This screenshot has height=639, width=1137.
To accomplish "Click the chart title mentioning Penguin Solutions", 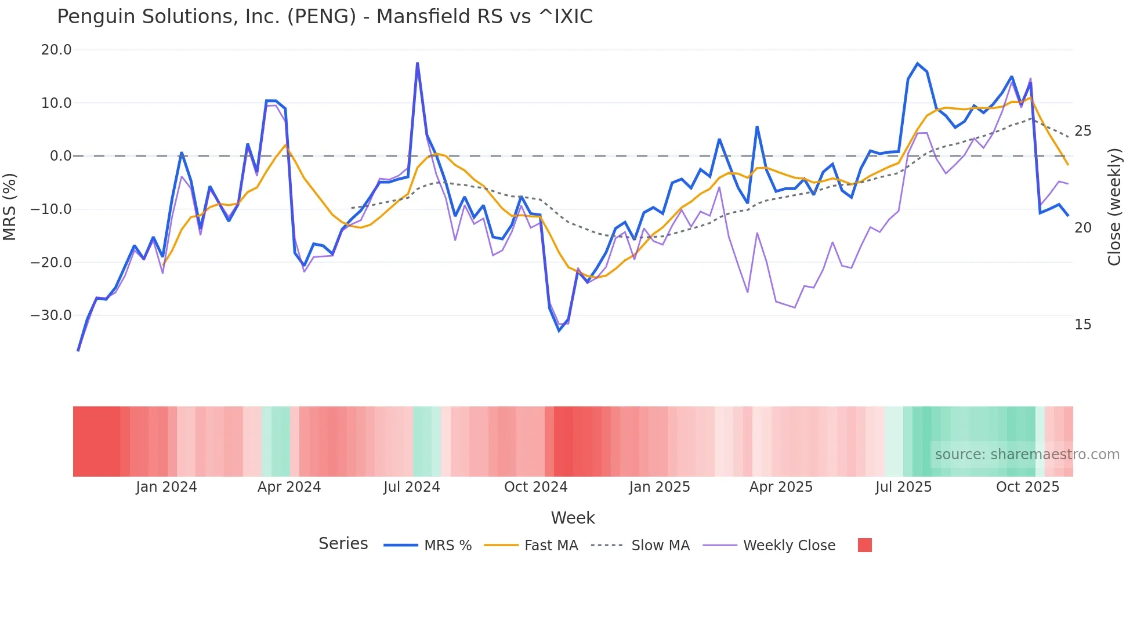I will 325,17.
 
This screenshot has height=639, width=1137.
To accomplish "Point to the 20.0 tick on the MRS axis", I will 56,50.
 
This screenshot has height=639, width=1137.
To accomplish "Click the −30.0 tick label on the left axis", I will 51,315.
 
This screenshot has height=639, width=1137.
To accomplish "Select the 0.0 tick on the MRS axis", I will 60,156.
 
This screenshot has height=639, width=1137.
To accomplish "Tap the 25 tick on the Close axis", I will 1083,131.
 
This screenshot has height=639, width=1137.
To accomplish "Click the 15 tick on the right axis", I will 1083,325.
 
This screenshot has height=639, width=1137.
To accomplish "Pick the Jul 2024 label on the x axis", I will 412,487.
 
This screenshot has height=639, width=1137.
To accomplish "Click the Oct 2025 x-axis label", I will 1027,487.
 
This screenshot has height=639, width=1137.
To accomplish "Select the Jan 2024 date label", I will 166,487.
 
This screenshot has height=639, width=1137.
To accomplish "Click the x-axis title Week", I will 573,518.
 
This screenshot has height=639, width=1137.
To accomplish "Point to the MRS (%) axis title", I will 10,207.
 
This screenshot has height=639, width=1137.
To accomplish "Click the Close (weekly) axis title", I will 1114,207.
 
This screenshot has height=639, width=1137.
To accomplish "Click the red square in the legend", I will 865,545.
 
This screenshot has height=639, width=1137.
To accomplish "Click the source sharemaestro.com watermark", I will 1027,455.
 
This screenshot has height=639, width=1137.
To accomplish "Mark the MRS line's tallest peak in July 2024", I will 417,63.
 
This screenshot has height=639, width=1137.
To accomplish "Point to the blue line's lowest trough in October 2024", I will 559,331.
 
